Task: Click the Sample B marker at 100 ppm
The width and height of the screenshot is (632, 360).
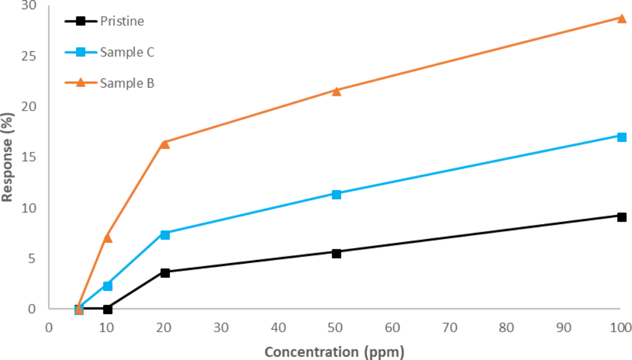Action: click(x=622, y=18)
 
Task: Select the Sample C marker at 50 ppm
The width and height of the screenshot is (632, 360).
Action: click(x=336, y=194)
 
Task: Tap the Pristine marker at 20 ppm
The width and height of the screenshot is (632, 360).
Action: click(x=165, y=272)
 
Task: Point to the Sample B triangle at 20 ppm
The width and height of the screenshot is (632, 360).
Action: click(x=165, y=144)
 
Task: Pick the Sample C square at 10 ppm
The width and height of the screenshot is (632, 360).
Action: click(x=107, y=285)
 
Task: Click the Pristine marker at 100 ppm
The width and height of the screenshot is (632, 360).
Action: click(x=622, y=217)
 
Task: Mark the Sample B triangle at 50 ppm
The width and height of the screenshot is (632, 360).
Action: click(x=336, y=91)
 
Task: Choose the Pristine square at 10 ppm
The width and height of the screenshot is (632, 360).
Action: click(x=107, y=309)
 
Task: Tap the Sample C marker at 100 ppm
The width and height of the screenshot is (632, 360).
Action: click(x=622, y=136)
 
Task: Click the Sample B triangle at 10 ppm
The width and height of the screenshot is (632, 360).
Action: click(x=107, y=238)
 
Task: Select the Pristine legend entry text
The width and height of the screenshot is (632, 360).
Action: click(x=122, y=22)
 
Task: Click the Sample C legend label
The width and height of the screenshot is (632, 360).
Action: click(x=127, y=52)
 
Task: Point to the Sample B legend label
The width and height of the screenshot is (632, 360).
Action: click(x=127, y=83)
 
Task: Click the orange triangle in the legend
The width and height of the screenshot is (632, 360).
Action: click(x=80, y=83)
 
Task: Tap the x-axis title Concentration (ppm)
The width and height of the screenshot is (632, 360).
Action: click(x=335, y=351)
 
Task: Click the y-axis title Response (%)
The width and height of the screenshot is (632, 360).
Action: click(x=7, y=157)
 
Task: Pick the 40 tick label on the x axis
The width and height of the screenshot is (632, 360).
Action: click(x=278, y=327)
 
